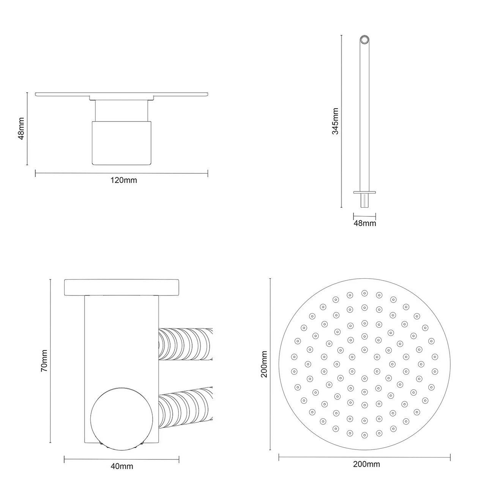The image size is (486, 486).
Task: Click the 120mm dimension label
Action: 123,180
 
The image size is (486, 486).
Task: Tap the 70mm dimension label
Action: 44,361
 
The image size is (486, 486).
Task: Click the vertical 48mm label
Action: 21,129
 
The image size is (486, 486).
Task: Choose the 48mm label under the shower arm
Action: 364,223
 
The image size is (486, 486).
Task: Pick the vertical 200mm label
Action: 264,364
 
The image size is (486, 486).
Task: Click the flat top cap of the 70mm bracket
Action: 121,287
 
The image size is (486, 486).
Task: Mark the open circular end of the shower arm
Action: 364,40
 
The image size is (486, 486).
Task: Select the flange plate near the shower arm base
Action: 364,192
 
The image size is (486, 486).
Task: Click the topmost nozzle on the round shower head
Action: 364,293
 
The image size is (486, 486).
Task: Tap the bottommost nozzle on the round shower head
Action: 364,435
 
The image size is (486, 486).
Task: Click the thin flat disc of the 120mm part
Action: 121,94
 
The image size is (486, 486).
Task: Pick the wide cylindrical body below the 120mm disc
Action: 121,143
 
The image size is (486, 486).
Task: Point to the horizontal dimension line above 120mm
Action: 121,174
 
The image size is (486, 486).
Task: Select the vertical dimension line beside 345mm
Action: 342,121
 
